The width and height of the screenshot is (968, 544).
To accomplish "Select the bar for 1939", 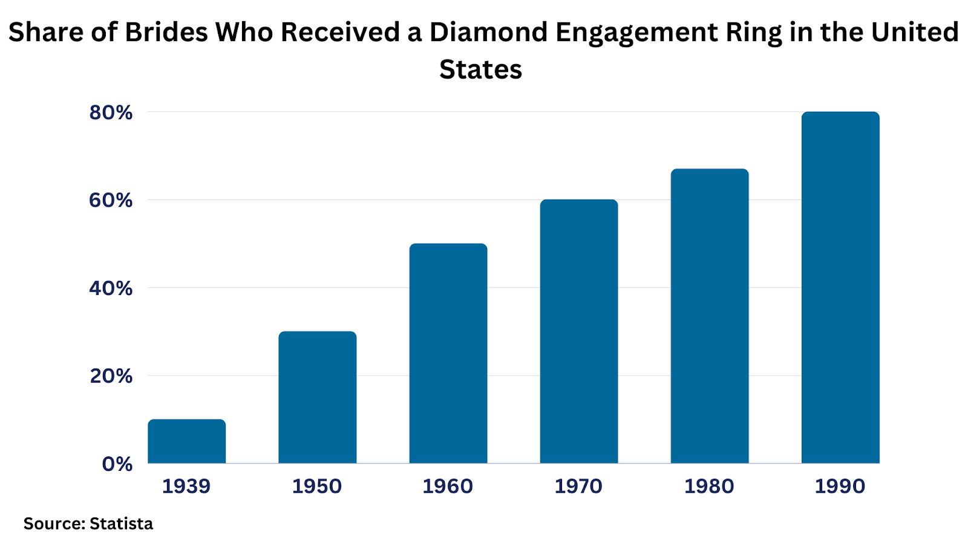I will coord(186,441).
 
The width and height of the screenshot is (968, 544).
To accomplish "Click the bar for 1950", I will coord(317,397).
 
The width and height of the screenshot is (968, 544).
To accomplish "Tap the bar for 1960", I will coord(448,354).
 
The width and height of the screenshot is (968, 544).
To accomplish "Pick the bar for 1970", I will coord(578,331).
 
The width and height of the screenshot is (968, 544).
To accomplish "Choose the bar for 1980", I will coord(709,316).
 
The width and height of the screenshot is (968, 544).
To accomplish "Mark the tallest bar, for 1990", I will coord(840,288).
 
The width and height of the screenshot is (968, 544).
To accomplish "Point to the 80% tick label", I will coord(111,112).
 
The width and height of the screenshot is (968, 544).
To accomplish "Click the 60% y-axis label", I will coord(111,200).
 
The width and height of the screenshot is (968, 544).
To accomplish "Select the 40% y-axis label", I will coord(111,288).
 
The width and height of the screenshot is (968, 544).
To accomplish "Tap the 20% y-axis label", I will coord(111,376).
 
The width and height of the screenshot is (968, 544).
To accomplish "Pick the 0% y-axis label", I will coord(117,464).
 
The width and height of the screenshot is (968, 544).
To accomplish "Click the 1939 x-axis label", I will coord(186,486).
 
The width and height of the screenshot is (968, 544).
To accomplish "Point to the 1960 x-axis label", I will coord(448,486).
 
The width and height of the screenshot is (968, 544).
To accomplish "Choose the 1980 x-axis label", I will coord(709,486).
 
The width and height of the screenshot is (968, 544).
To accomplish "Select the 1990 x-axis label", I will coord(840,486).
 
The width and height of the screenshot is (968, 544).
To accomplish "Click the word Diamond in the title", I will coord(488,33).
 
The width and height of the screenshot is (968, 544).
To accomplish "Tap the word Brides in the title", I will coord(166,33).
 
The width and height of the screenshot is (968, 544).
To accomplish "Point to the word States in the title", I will coord(480,70).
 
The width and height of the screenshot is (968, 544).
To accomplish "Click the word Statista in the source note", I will coord(121,523).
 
